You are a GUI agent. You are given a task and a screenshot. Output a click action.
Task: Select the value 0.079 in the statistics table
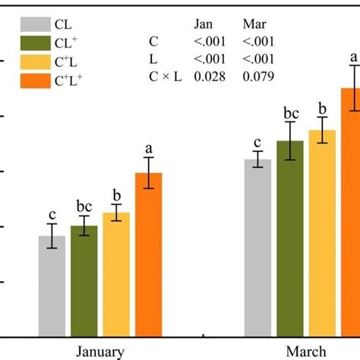pyautogui.click(x=257, y=76)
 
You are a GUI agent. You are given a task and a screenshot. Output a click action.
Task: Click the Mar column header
pyautogui.click(x=253, y=24)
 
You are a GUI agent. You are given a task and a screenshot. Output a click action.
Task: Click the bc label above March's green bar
pyautogui.click(x=290, y=114)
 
